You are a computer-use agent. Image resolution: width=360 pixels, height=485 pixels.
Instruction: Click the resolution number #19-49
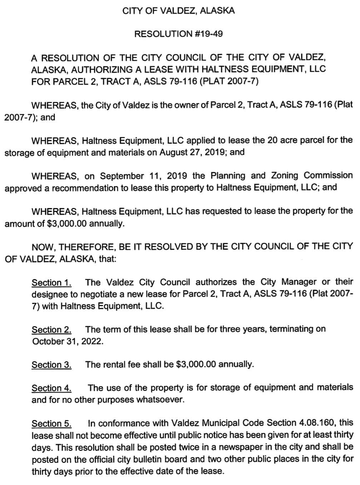(209, 34)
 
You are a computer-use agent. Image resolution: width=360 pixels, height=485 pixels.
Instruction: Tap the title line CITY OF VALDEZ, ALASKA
(178, 11)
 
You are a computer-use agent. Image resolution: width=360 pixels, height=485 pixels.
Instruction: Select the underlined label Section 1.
(51, 283)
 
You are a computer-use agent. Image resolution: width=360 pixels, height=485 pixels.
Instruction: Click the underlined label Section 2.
(51, 330)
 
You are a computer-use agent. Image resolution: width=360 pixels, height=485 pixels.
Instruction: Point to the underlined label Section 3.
(51, 365)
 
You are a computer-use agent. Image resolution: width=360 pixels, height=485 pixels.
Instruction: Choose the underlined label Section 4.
(51, 388)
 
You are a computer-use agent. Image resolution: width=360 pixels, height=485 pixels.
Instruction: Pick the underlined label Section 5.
(51, 424)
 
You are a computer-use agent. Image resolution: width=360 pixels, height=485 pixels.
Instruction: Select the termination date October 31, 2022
(68, 341)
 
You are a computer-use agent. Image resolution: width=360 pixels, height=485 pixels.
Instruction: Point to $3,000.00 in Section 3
(196, 364)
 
